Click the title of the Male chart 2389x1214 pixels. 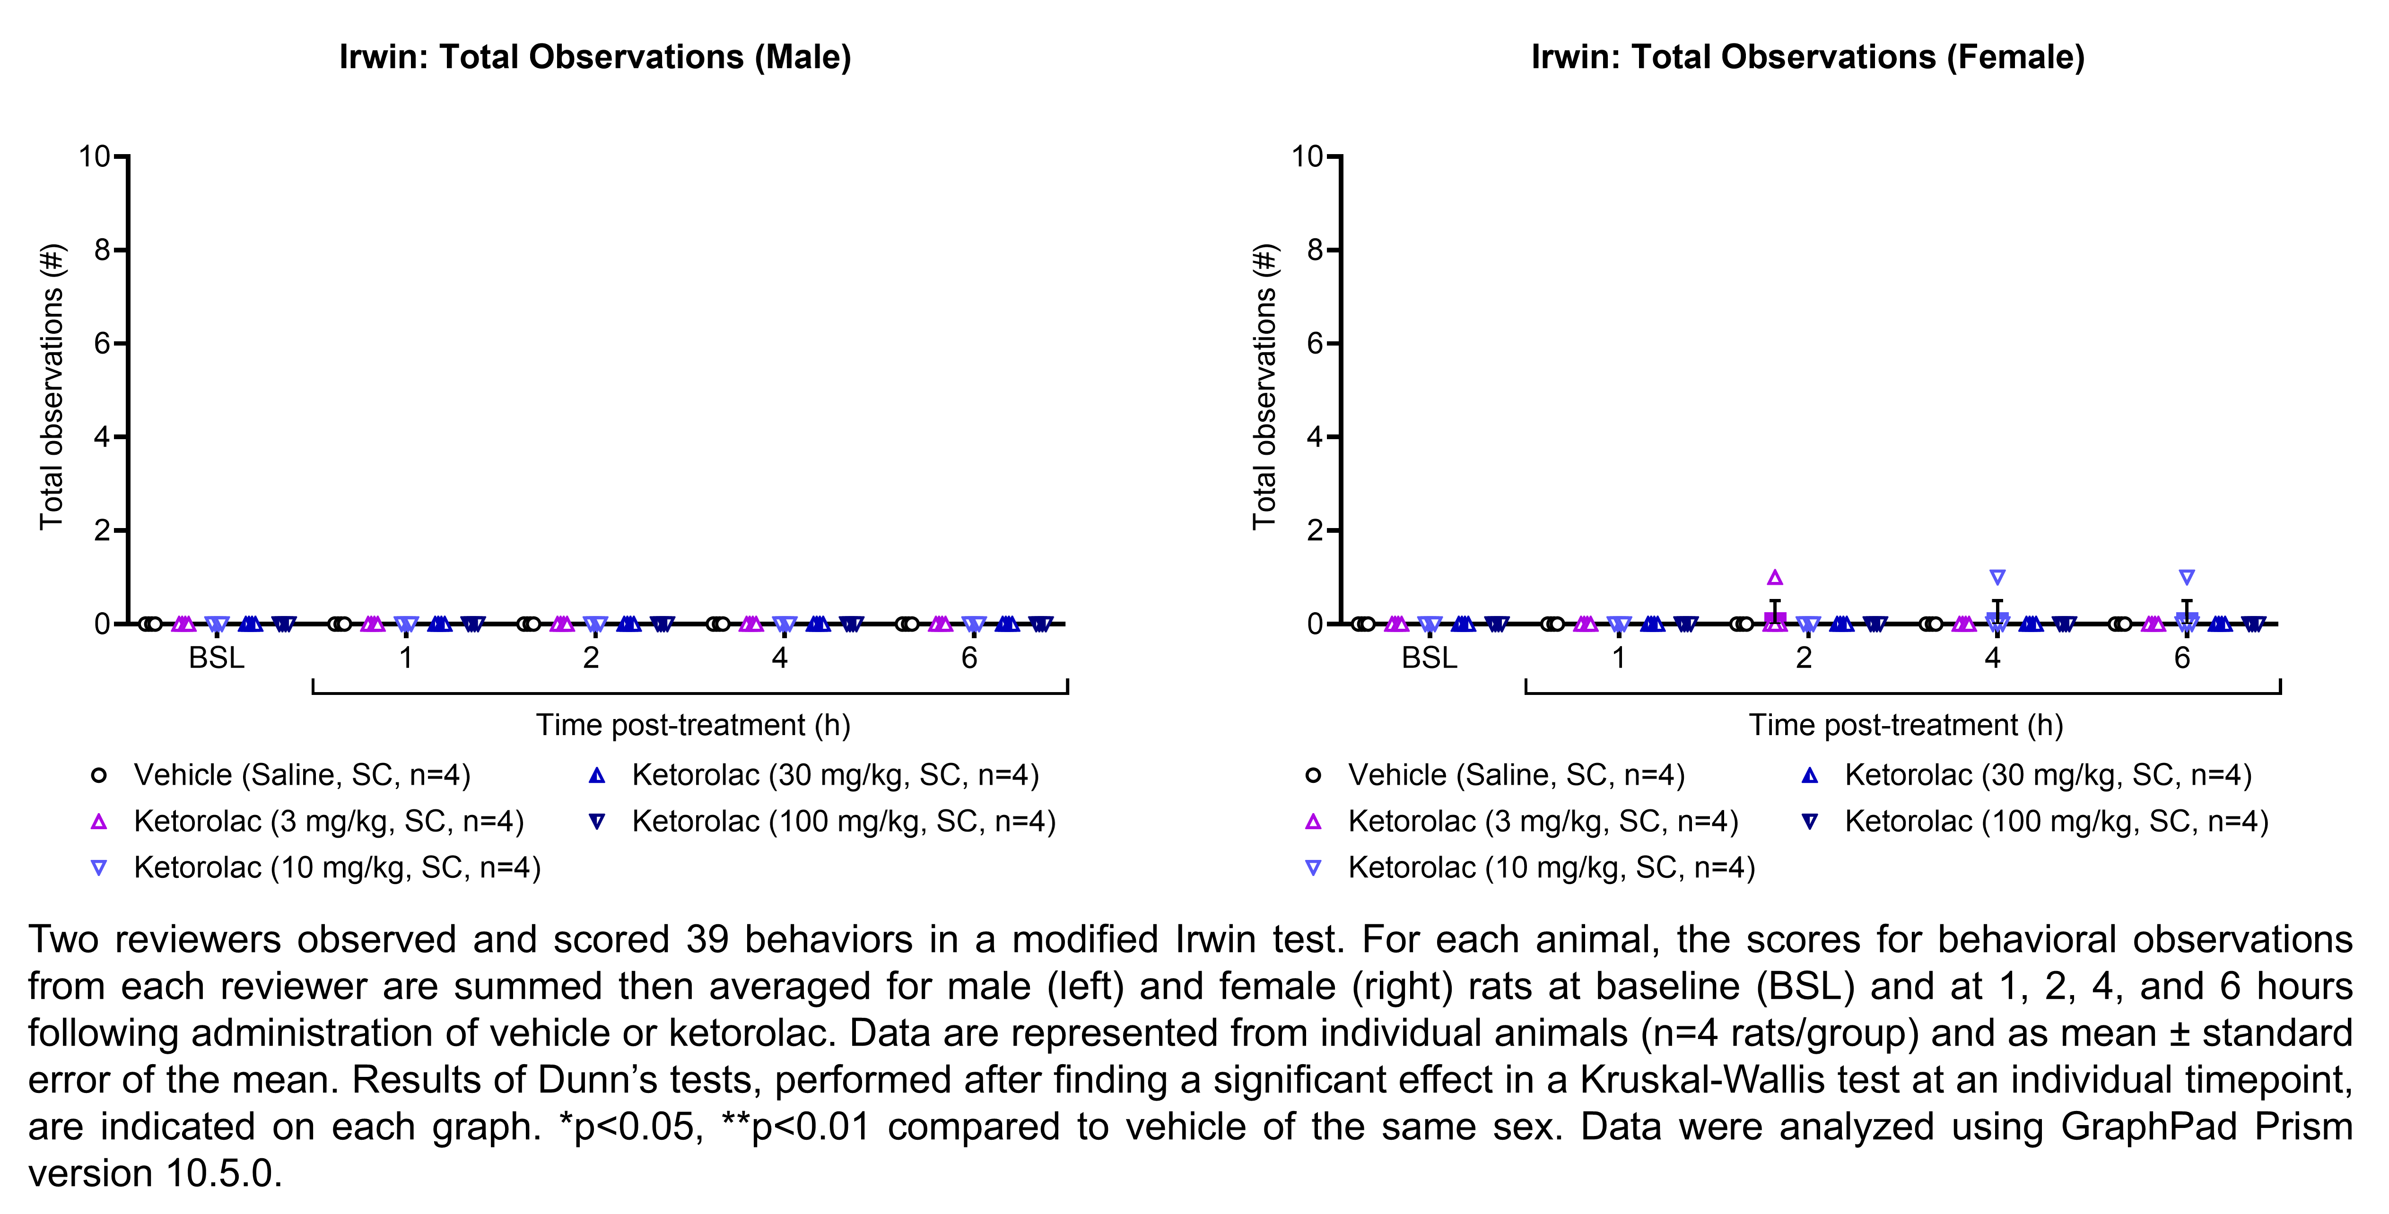click(x=594, y=58)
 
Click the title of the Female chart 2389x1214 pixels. click(x=1807, y=58)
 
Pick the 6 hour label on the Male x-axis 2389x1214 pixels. click(x=969, y=659)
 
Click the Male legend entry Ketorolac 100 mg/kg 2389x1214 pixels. click(x=843, y=822)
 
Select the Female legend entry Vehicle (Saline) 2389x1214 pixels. click(x=1516, y=775)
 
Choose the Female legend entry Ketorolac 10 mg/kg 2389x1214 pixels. click(x=1551, y=868)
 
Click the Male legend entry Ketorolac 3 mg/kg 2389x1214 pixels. click(x=328, y=822)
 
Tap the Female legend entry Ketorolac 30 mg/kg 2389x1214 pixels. click(x=2048, y=775)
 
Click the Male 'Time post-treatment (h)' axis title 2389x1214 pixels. click(x=693, y=725)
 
